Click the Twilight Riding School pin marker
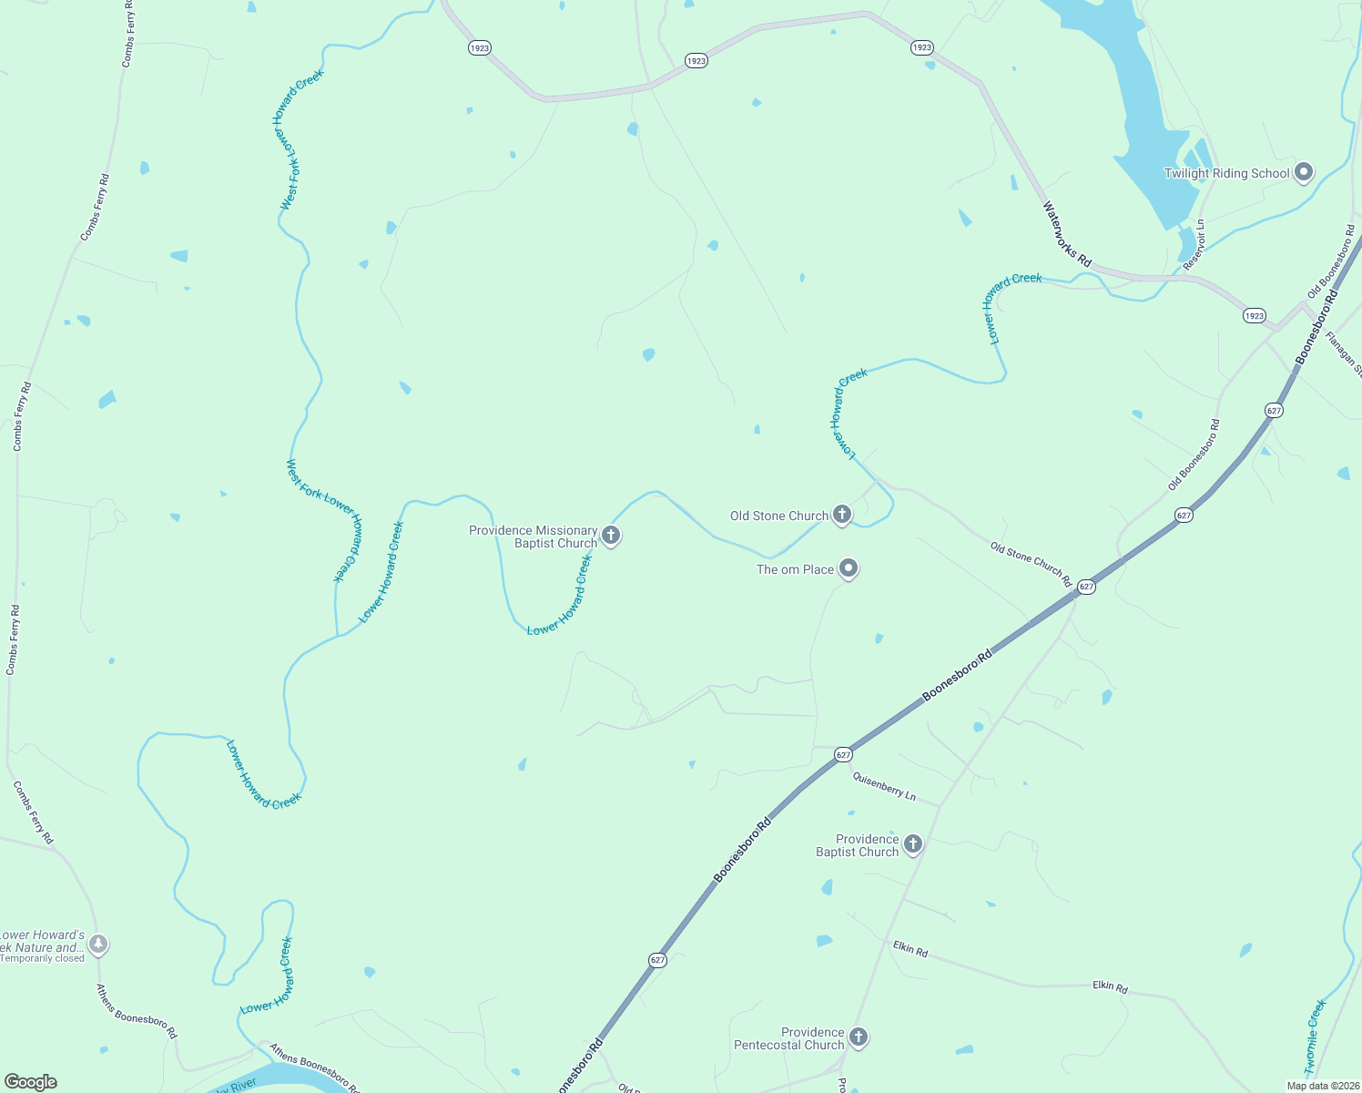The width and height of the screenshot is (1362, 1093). [1304, 172]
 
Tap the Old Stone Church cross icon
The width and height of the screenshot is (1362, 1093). [842, 515]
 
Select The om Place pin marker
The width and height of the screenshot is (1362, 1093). [849, 568]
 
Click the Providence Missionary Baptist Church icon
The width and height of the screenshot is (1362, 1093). [611, 536]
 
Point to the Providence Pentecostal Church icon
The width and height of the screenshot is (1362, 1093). [858, 1037]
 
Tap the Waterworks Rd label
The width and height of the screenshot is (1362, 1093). [1066, 234]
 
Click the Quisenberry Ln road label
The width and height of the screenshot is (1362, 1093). [883, 785]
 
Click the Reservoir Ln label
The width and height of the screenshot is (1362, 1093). [1194, 244]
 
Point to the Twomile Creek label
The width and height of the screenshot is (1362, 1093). [1316, 1036]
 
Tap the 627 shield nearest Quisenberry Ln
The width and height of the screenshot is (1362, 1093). [843, 754]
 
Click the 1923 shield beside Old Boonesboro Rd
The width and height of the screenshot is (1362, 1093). [1254, 315]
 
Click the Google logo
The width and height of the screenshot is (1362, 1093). [31, 1081]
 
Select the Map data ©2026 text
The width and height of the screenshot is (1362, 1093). [1322, 1085]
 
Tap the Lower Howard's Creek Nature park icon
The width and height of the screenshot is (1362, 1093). [98, 945]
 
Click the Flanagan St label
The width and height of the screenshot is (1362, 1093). [1344, 353]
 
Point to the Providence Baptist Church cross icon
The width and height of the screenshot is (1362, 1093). [912, 844]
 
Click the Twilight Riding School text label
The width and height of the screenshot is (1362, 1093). [1226, 173]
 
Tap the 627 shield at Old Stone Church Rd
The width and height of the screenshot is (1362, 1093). [1086, 587]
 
